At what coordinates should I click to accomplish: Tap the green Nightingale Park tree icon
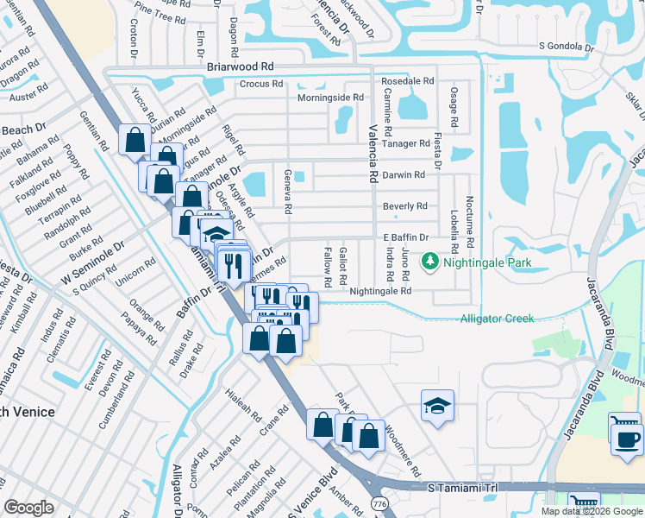pos(429,261)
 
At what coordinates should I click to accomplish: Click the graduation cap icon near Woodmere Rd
pos(437,406)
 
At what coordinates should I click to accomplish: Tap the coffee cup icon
pos(627,439)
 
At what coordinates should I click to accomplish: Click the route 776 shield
pos(380,502)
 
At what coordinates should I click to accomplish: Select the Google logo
pos(29,507)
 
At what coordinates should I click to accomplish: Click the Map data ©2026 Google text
pos(592,511)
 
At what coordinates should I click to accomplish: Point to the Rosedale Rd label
pos(407,81)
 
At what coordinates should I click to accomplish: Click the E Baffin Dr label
pos(405,237)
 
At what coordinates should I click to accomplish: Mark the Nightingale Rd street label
pos(380,292)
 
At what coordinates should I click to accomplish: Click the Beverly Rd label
pos(405,206)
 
